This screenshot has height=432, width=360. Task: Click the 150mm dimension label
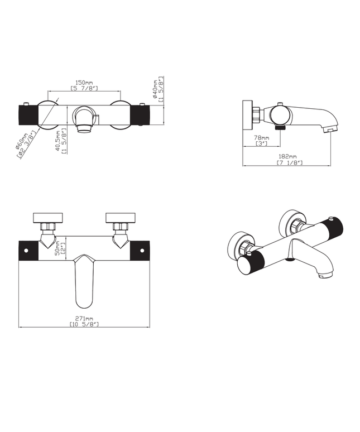click(x=85, y=82)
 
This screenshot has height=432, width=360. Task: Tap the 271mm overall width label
click(x=84, y=318)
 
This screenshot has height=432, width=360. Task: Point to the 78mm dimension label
click(x=261, y=137)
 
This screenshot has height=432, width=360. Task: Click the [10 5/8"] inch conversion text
click(x=84, y=324)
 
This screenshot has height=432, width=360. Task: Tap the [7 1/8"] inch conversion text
click(x=289, y=163)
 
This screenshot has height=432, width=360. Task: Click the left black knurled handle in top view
click(x=28, y=116)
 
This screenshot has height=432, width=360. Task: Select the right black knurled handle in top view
click(x=141, y=116)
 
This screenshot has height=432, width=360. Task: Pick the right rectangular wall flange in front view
click(x=121, y=218)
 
